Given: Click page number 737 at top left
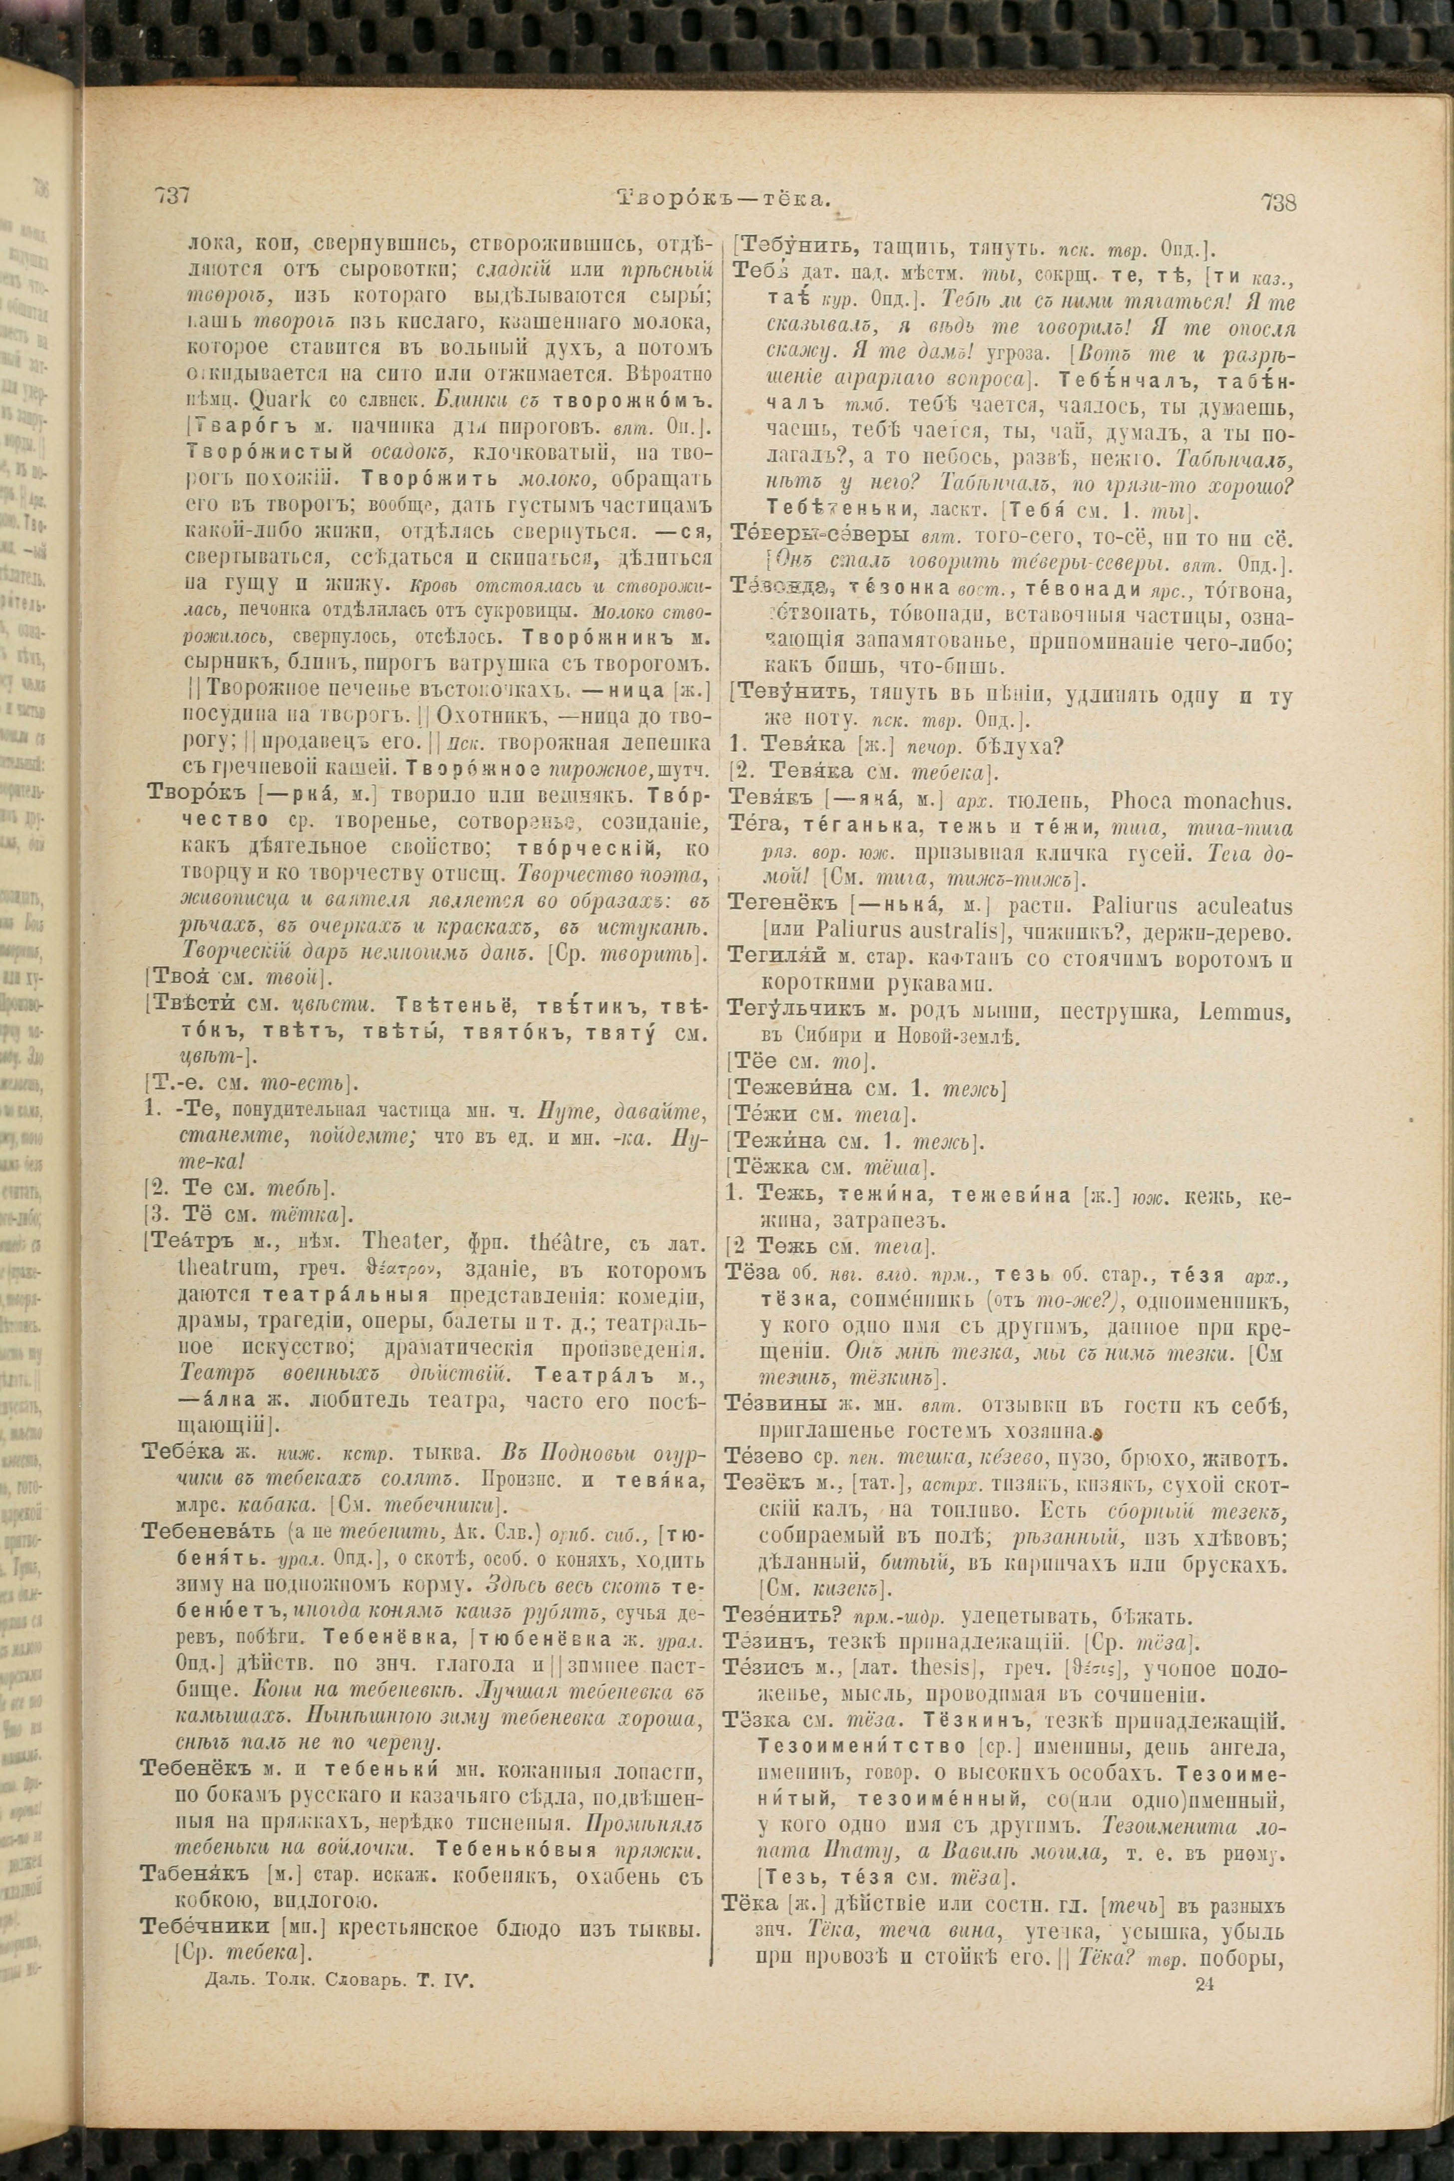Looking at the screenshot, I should (x=172, y=197).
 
